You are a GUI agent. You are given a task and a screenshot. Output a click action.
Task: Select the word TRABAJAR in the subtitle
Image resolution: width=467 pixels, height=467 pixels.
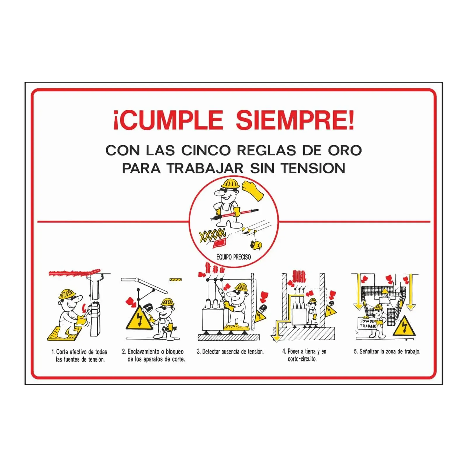(205, 168)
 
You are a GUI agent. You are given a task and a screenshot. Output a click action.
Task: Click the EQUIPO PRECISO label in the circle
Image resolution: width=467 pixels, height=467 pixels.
(233, 257)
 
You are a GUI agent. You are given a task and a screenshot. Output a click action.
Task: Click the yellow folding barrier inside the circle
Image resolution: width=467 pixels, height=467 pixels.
(212, 234)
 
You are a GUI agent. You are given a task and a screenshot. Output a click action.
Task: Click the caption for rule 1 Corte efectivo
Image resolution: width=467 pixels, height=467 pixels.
(79, 356)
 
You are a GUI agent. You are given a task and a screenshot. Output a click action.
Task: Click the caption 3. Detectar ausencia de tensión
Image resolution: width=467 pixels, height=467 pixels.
(230, 352)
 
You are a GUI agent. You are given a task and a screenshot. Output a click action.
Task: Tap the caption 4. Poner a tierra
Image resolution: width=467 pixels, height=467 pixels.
(304, 355)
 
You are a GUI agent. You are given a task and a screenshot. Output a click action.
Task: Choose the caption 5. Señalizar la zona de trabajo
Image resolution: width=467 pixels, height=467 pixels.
(387, 351)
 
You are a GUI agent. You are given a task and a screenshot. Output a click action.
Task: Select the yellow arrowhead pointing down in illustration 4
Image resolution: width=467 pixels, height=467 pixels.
(276, 338)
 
